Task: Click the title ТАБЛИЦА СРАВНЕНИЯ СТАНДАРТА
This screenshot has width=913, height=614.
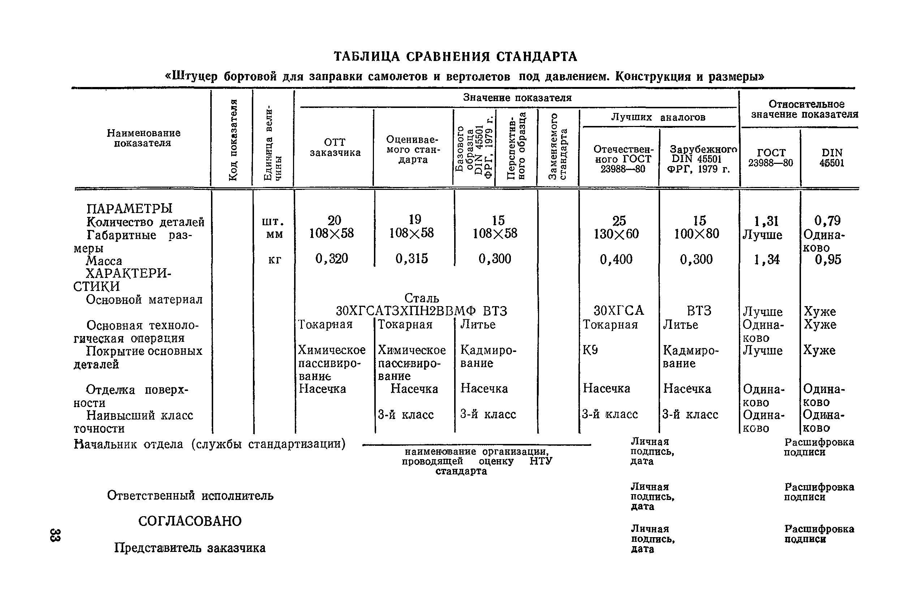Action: point(455,57)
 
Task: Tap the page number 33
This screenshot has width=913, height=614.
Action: point(55,535)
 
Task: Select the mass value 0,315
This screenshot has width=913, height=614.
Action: point(412,258)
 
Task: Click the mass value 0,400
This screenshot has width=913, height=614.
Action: point(616,259)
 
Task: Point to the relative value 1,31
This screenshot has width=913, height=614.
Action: point(766,221)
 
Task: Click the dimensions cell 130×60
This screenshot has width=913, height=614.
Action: point(616,234)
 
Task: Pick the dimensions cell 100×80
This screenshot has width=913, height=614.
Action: point(696,234)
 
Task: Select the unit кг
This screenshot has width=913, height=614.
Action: point(274,260)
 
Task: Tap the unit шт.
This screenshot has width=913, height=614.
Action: point(273,222)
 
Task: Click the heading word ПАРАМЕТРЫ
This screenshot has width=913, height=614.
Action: point(129,208)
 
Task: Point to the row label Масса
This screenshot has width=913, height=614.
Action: point(104,261)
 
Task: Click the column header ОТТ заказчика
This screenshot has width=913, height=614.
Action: point(335,147)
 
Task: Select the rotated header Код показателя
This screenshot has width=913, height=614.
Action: point(233,140)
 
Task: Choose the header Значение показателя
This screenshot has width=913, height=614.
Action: point(517,97)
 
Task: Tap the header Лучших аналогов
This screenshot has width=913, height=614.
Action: point(658,117)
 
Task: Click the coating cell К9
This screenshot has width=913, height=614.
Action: point(590,350)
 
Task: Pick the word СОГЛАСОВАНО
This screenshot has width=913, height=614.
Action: point(190,521)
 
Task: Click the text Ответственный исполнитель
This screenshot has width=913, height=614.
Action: point(190,496)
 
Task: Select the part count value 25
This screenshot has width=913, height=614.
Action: point(619,221)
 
